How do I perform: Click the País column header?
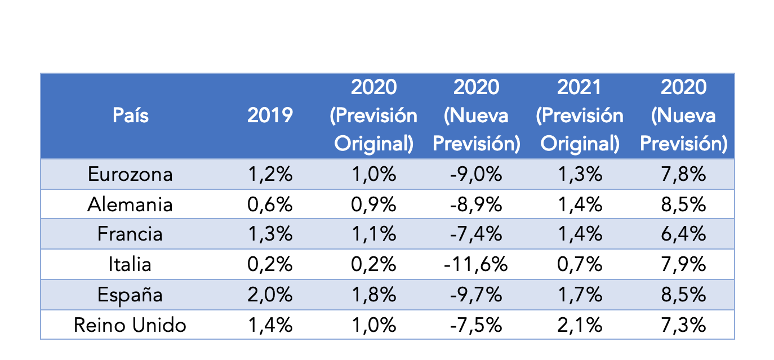click(130, 115)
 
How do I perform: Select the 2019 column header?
click(270, 115)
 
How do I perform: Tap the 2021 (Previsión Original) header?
click(580, 115)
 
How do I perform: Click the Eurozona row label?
click(130, 174)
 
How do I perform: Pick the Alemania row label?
click(130, 204)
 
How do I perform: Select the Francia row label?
click(130, 234)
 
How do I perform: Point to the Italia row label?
click(130, 264)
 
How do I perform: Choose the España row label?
click(130, 295)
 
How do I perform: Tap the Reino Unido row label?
click(130, 325)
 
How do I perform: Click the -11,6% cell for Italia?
click(476, 264)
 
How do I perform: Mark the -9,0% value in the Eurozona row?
click(476, 174)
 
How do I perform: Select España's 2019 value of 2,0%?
click(270, 295)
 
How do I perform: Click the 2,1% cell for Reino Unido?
click(580, 325)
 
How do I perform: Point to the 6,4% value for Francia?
click(683, 234)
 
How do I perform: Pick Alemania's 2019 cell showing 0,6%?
click(270, 204)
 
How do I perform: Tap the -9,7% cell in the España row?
click(476, 295)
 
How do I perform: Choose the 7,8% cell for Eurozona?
click(683, 174)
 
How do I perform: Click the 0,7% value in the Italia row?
click(580, 264)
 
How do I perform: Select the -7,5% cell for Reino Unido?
click(476, 325)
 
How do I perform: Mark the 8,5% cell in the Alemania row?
click(683, 204)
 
